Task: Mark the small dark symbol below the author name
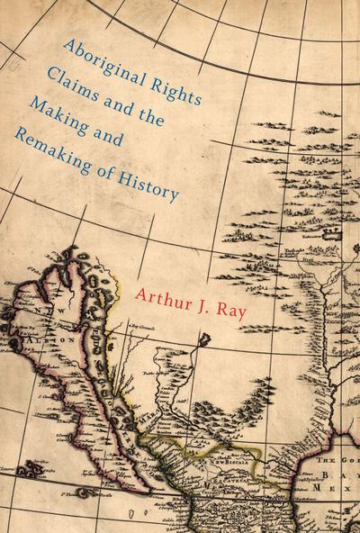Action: [x=206, y=340]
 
